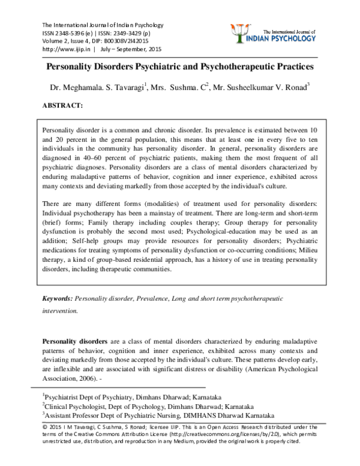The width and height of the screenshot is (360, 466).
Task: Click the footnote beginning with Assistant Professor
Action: tap(159, 414)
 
